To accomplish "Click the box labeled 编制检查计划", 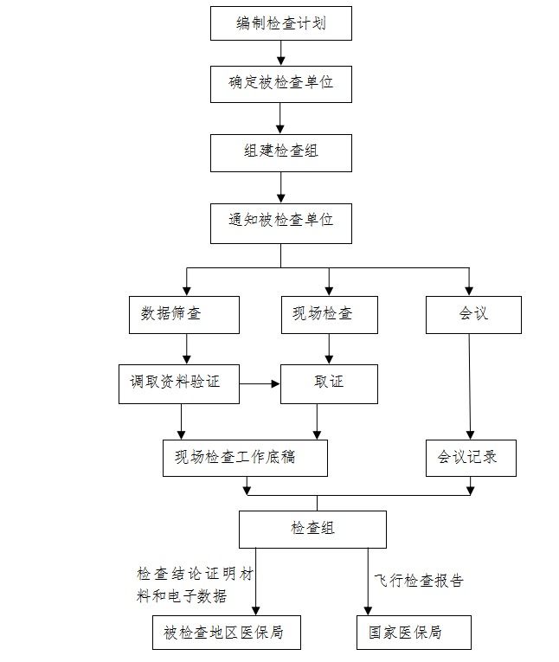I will coord(280,23).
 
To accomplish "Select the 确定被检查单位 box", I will coord(280,84).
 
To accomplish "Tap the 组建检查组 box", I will coord(280,152).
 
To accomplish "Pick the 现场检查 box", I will coord(329,314).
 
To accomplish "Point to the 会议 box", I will coord(472,314).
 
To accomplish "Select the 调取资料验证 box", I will coord(179,383).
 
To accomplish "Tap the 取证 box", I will coord(329,383).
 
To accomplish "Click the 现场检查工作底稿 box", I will coord(245,458).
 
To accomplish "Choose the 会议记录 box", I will coord(471,458).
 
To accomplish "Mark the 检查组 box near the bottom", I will coord(312,529).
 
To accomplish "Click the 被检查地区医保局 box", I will coord(228,633).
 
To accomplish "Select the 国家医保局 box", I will coord(414,633).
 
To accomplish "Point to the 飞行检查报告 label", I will coord(419,581).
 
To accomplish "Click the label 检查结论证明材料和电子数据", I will coord(195,585).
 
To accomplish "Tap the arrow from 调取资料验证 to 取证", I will coord(260,382).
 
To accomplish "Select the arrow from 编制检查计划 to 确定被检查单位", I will coord(280,53).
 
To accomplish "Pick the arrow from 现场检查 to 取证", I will coord(329,349).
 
